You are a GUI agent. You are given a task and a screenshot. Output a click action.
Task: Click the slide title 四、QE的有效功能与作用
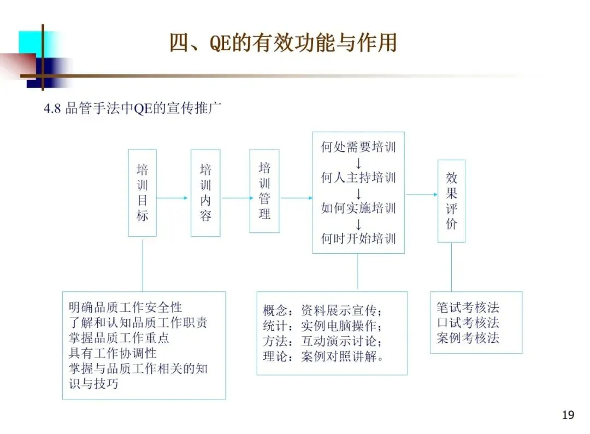click(282, 43)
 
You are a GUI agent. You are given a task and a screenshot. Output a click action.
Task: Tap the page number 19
click(568, 415)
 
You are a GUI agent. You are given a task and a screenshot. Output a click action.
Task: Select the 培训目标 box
click(142, 192)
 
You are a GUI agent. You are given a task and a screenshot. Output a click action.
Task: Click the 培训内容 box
click(205, 192)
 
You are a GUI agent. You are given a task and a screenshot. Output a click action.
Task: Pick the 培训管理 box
click(264, 191)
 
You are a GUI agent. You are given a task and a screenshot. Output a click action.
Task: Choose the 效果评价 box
click(451, 201)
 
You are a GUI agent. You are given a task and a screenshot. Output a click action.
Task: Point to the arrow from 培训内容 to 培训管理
click(235, 198)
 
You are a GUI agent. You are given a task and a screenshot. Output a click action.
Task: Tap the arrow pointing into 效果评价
click(421, 194)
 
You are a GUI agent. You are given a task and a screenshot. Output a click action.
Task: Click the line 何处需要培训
click(358, 147)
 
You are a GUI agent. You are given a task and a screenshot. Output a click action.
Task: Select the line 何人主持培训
click(358, 178)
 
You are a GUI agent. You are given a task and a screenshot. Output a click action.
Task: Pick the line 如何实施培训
click(358, 208)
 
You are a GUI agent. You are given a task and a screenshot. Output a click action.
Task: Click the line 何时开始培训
click(358, 238)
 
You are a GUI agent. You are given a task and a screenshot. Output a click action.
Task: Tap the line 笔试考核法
click(468, 307)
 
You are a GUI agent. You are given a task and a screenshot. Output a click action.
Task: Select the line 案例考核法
click(468, 338)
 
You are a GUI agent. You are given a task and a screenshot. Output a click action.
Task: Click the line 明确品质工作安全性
click(126, 308)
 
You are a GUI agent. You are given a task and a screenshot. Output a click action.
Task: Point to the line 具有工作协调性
click(113, 353)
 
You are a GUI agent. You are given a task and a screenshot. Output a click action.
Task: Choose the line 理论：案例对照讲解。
click(323, 357)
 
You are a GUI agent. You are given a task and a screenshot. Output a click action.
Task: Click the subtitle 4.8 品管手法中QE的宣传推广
click(132, 108)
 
